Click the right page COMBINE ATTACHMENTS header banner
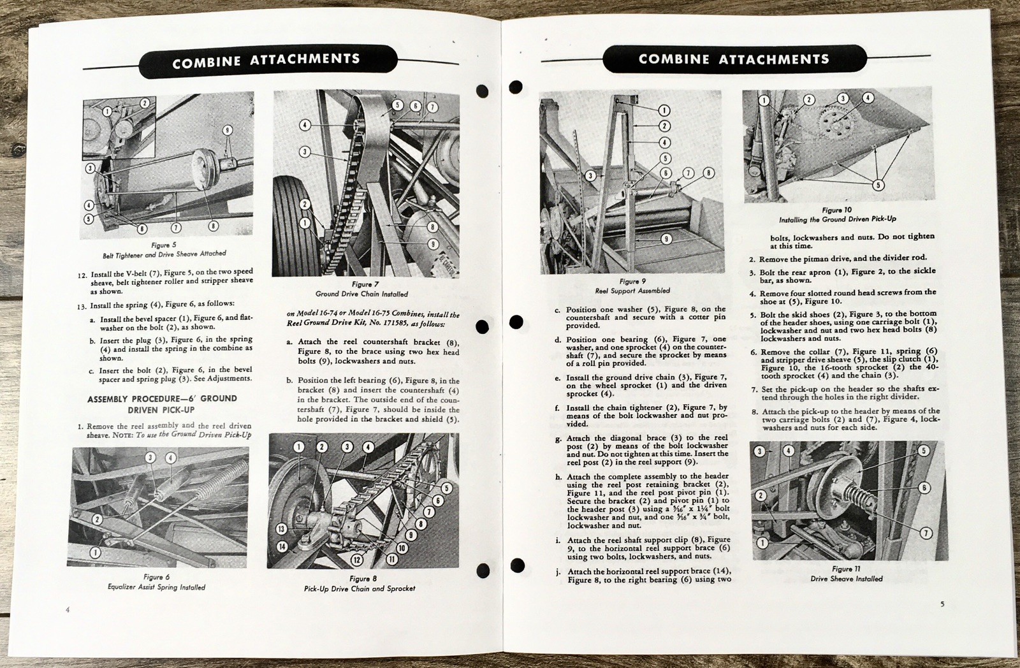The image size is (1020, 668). [733, 59]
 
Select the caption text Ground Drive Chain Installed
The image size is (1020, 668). [361, 294]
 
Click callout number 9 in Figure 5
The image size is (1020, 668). [228, 131]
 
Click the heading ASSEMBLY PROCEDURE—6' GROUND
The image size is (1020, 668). [162, 398]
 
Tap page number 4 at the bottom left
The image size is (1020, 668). [67, 610]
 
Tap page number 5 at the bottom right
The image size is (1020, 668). [942, 603]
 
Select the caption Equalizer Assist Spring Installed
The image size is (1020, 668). [156, 587]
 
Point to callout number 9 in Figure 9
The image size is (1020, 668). [666, 239]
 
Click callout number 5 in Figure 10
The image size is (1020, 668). [878, 185]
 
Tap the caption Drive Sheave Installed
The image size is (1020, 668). [847, 579]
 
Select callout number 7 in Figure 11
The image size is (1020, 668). [926, 533]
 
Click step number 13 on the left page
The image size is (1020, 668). [82, 305]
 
